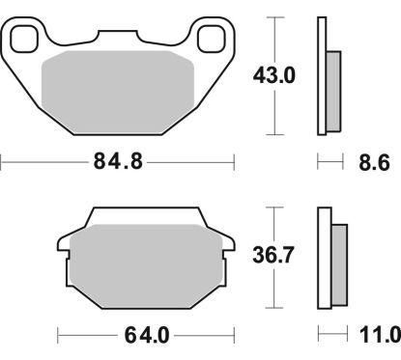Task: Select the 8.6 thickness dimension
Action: click(x=374, y=163)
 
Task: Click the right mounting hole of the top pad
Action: click(x=210, y=40)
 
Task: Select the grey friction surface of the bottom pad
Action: click(x=145, y=259)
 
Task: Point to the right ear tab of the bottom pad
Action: click(x=227, y=252)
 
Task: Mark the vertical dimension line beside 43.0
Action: click(x=277, y=75)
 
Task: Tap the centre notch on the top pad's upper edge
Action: click(x=117, y=35)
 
